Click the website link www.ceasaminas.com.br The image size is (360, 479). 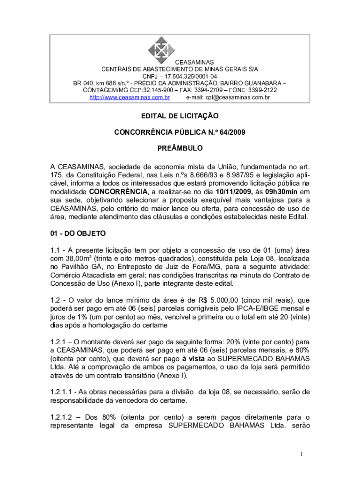[130, 97]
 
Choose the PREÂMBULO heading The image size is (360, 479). [180, 149]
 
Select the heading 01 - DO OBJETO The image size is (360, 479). [78, 233]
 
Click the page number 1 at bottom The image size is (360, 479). [302, 454]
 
